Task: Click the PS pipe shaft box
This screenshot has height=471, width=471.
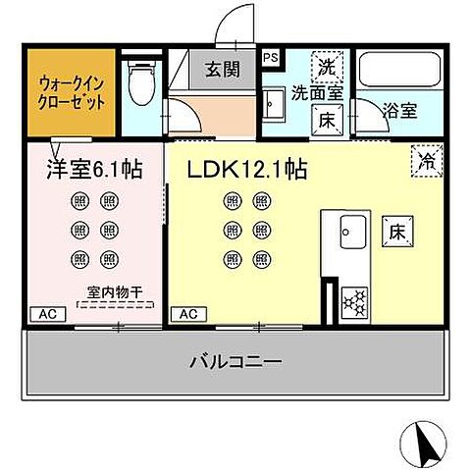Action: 271,57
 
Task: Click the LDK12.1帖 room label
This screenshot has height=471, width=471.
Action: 246,169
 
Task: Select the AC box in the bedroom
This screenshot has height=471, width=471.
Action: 45,314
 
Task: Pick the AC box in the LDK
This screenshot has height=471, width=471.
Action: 185,314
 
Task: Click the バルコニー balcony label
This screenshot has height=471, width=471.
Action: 235,362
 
